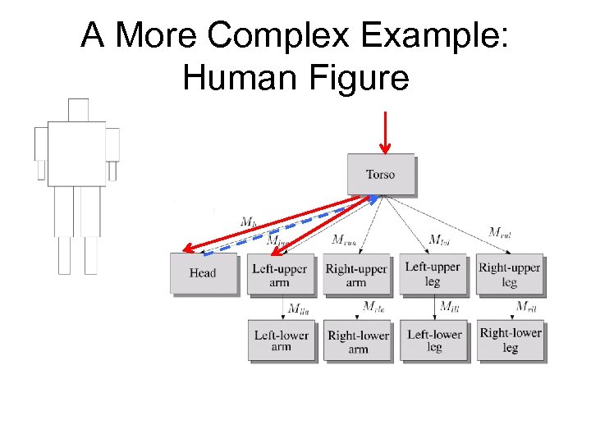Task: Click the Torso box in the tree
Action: pyautogui.click(x=380, y=174)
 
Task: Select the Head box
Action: pyautogui.click(x=203, y=273)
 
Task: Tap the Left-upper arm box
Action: pyautogui.click(x=280, y=275)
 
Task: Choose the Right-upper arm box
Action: pyautogui.click(x=356, y=275)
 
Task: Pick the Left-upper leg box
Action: pyautogui.click(x=433, y=274)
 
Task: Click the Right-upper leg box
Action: pyautogui.click(x=510, y=274)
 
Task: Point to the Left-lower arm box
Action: pyautogui.click(x=281, y=340)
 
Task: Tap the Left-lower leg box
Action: pyautogui.click(x=434, y=340)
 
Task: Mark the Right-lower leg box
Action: pyautogui.click(x=511, y=340)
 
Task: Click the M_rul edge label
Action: pyautogui.click(x=500, y=232)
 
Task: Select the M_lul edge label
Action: pyautogui.click(x=439, y=240)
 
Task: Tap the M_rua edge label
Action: pyautogui.click(x=345, y=240)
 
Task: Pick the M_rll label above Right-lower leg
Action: pyautogui.click(x=526, y=307)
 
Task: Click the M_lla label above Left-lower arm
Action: pyautogui.click(x=297, y=308)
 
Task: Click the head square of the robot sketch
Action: pyautogui.click(x=78, y=109)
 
